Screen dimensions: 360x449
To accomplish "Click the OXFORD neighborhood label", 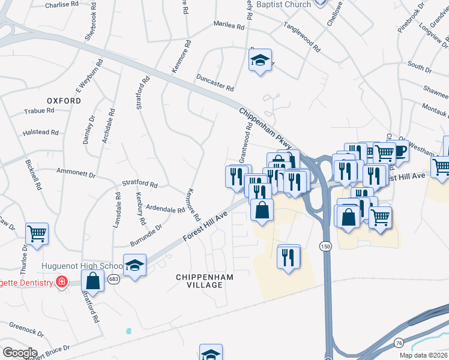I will (64, 101).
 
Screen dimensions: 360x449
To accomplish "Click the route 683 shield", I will (113, 279).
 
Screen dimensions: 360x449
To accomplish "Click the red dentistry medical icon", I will (61, 281).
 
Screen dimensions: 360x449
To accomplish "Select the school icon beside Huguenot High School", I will (135, 264).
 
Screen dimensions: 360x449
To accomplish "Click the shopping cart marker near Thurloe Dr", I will (37, 233).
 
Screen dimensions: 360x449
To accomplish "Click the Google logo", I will (20, 353).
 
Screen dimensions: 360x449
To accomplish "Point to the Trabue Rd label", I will (40, 111).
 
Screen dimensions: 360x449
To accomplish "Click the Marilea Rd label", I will (229, 26).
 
